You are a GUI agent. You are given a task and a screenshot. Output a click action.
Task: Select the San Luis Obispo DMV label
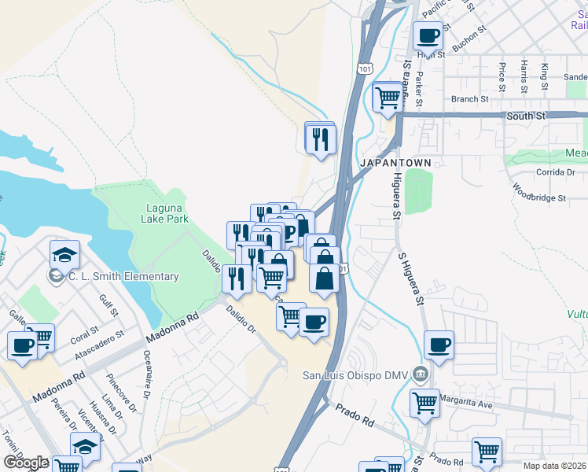coord(355,374)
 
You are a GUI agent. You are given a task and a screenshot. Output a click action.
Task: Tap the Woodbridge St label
coord(539,193)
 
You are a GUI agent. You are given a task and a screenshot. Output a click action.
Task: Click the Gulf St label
coord(108,305)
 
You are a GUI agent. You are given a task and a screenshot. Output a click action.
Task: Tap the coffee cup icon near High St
coord(428,35)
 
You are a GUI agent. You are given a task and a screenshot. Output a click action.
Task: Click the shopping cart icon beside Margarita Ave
coord(424,402)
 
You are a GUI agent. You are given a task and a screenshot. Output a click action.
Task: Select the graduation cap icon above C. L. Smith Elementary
coord(64,253)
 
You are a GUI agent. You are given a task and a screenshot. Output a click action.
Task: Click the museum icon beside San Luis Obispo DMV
coord(420,374)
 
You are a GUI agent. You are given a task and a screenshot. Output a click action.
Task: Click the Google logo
coord(26,463)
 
